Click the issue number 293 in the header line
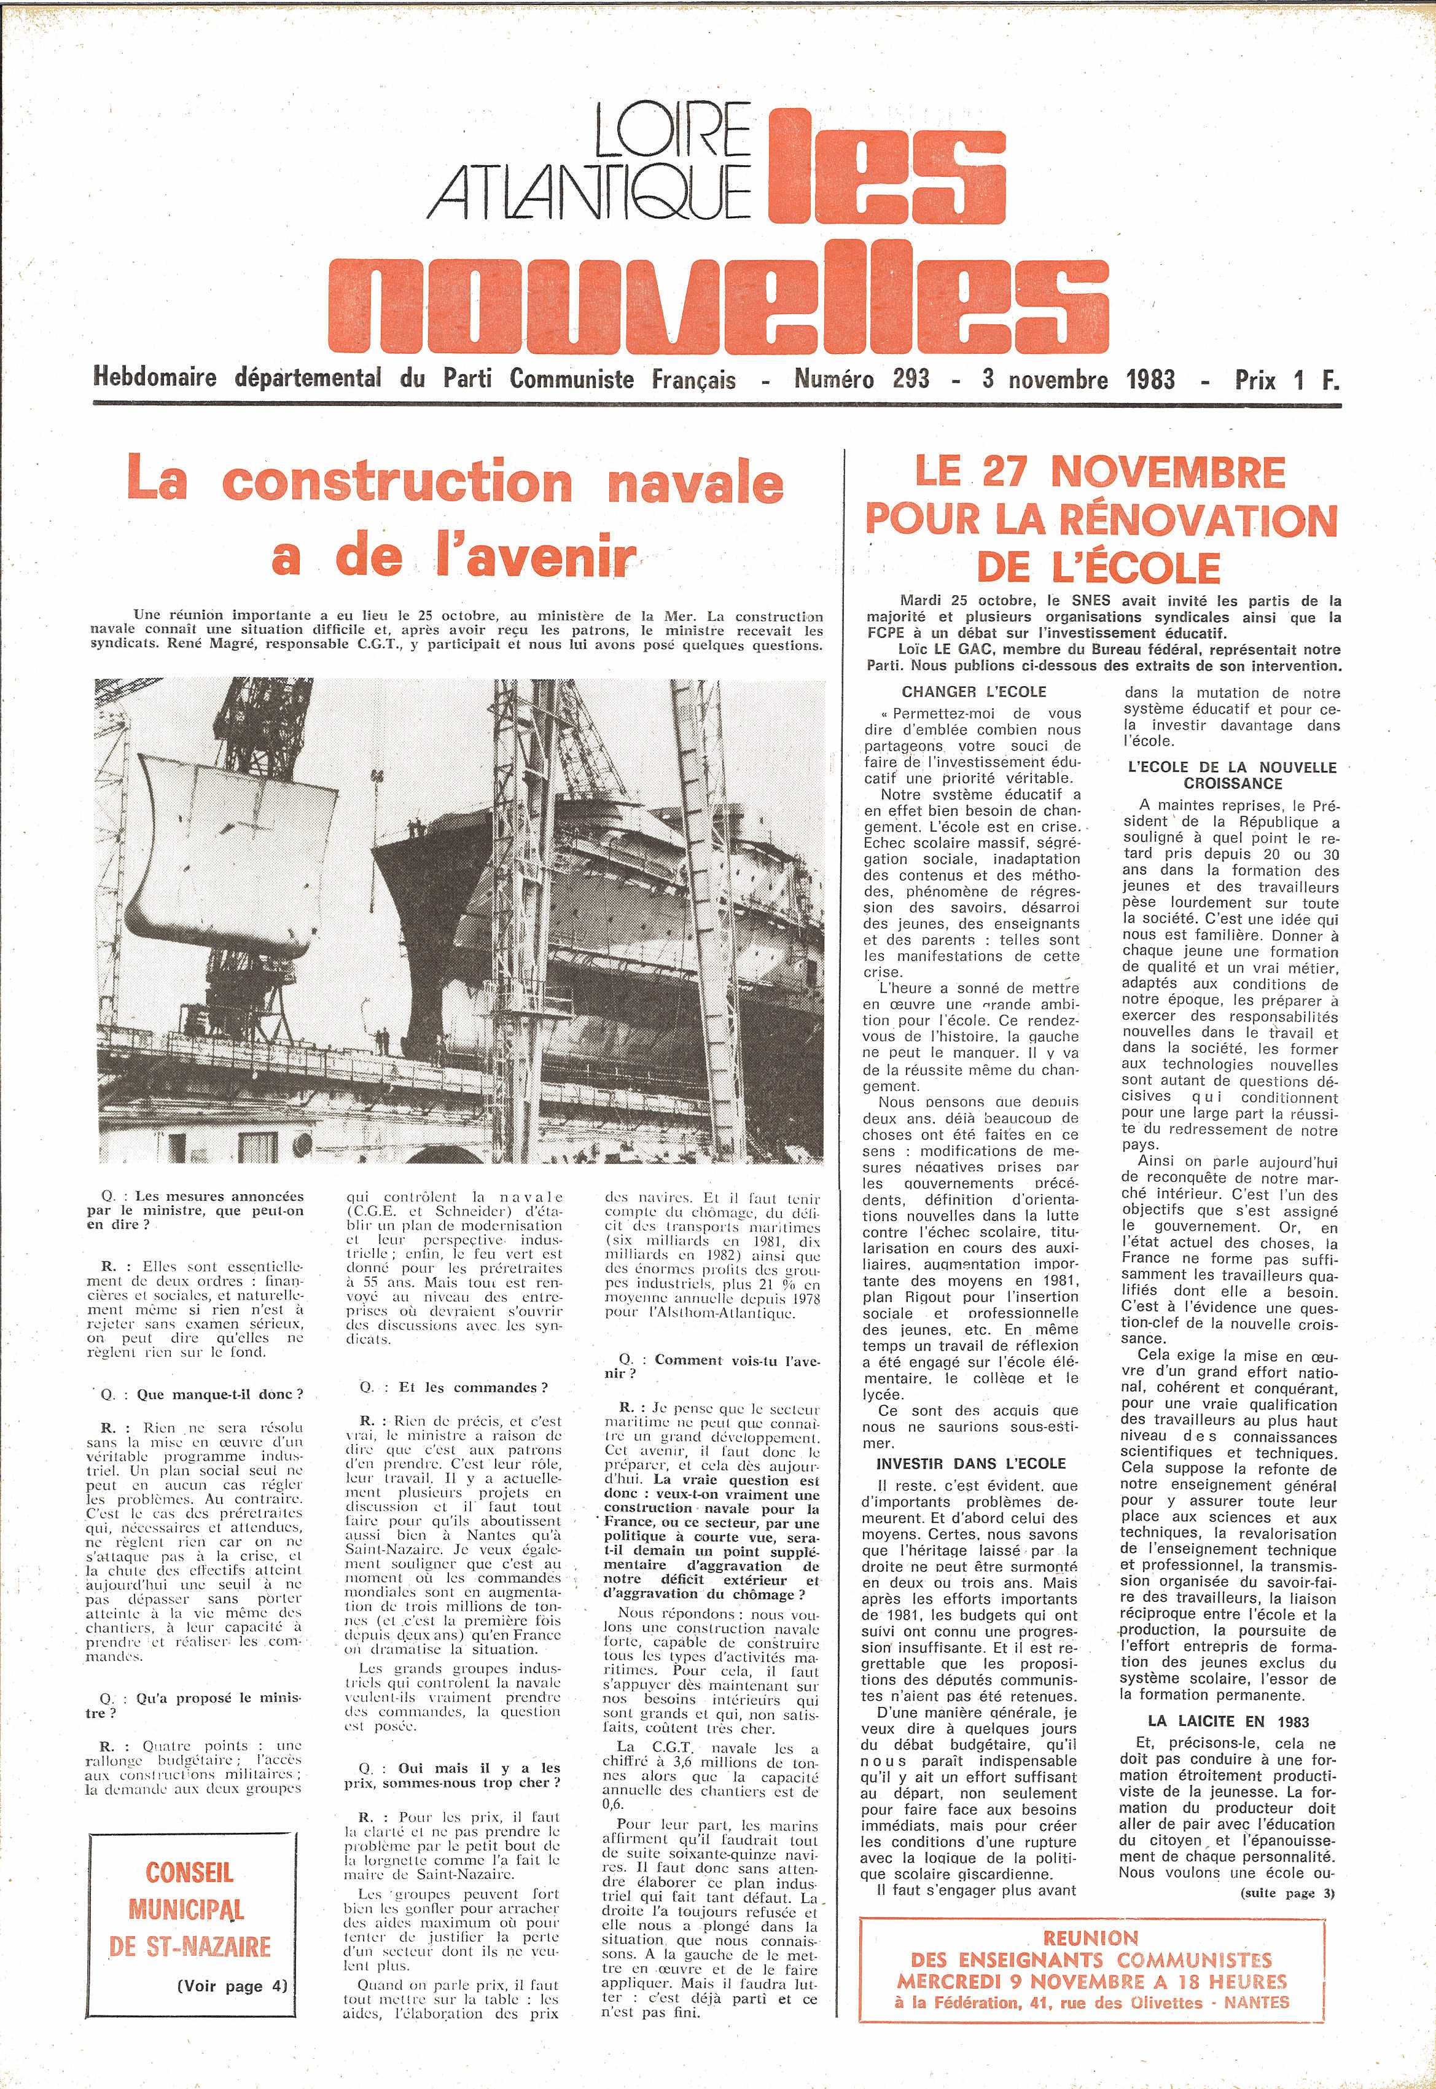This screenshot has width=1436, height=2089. pos(910,379)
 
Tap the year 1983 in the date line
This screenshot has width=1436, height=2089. pos(1150,379)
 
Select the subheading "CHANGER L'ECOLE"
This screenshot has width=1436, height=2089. pos(974,692)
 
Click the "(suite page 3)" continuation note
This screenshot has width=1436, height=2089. pos(1287,1893)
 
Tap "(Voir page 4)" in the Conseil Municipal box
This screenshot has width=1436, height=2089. pos(232,1986)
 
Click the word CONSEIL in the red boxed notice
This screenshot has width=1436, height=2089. pos(189,1873)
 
